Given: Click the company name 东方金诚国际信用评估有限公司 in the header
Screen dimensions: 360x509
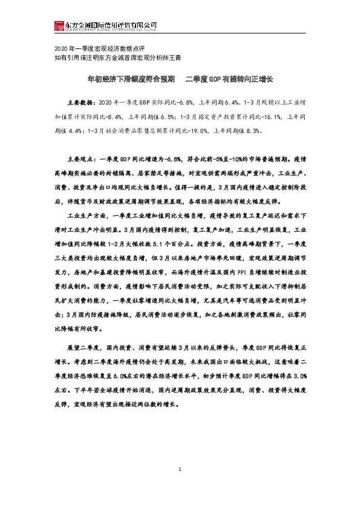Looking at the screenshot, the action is click(x=111, y=24).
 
